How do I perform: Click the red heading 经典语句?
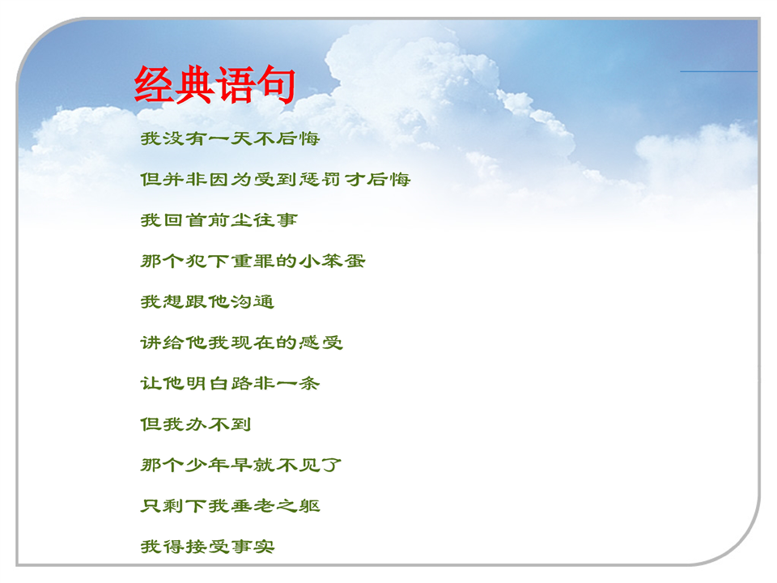(215, 84)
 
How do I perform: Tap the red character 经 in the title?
(154, 84)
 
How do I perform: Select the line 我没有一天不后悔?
(231, 138)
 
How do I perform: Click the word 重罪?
(253, 261)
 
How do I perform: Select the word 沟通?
(253, 301)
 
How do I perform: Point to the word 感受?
(321, 343)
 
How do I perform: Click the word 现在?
(253, 343)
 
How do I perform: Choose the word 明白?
(207, 383)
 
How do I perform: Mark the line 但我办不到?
(196, 424)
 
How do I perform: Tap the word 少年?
(207, 465)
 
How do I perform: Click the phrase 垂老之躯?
(275, 505)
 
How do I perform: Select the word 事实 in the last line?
(253, 547)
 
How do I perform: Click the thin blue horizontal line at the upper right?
(719, 71)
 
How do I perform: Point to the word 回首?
(185, 219)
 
